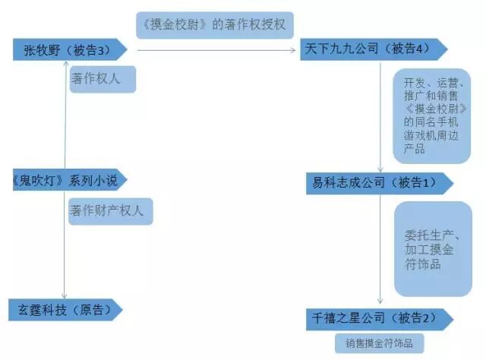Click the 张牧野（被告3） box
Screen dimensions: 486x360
coord(68,50)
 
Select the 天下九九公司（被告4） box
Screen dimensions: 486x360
coord(372,48)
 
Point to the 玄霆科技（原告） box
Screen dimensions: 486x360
coord(65,310)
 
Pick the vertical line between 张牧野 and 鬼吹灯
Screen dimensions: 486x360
coord(65,114)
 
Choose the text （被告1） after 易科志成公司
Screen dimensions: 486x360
coord(415,182)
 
